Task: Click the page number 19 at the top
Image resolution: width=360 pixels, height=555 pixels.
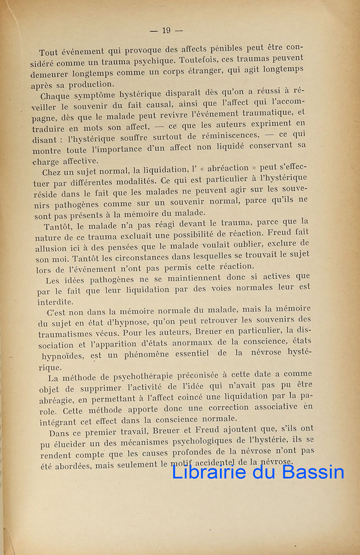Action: [166, 31]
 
